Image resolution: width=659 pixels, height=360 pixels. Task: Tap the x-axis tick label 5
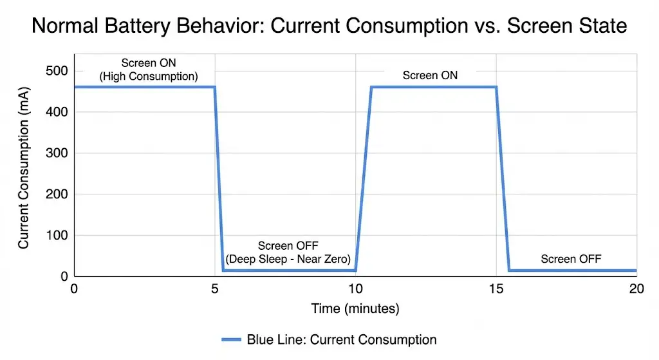tap(215, 289)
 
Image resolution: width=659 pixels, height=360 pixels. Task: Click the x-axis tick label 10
tap(355, 289)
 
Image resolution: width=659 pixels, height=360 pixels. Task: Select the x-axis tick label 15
tap(496, 289)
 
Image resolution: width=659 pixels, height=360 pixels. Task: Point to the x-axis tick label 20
tap(636, 289)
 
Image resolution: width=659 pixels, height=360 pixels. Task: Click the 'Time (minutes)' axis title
tap(355, 309)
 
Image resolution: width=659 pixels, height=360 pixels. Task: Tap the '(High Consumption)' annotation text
tap(148, 77)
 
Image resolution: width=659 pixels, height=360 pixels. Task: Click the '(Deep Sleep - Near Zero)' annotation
tap(288, 260)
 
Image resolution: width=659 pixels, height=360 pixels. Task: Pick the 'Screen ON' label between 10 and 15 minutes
tap(430, 75)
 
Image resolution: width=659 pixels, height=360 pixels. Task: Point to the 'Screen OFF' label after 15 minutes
tap(570, 260)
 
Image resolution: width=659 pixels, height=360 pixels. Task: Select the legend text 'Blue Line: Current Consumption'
tap(341, 340)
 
